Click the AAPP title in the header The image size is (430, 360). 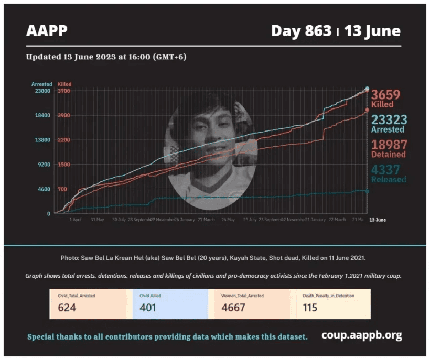(47, 31)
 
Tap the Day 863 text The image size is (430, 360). (301, 31)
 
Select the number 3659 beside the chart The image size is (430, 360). (386, 95)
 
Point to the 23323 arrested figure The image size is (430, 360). (389, 119)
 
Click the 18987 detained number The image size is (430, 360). (389, 144)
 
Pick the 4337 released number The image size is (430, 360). (386, 169)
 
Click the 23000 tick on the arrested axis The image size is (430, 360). (42, 91)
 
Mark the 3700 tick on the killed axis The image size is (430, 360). (63, 91)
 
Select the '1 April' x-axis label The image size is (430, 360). (76, 220)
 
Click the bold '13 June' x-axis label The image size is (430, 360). (377, 220)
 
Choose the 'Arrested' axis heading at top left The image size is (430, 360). (41, 84)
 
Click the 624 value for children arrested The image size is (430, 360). (67, 308)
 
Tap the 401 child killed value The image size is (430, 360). (148, 308)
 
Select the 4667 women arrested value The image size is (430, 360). (233, 308)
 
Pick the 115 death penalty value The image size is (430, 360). (310, 308)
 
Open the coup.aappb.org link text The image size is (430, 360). (362, 335)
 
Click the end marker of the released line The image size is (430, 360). (367, 191)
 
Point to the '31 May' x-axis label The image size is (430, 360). (98, 220)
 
